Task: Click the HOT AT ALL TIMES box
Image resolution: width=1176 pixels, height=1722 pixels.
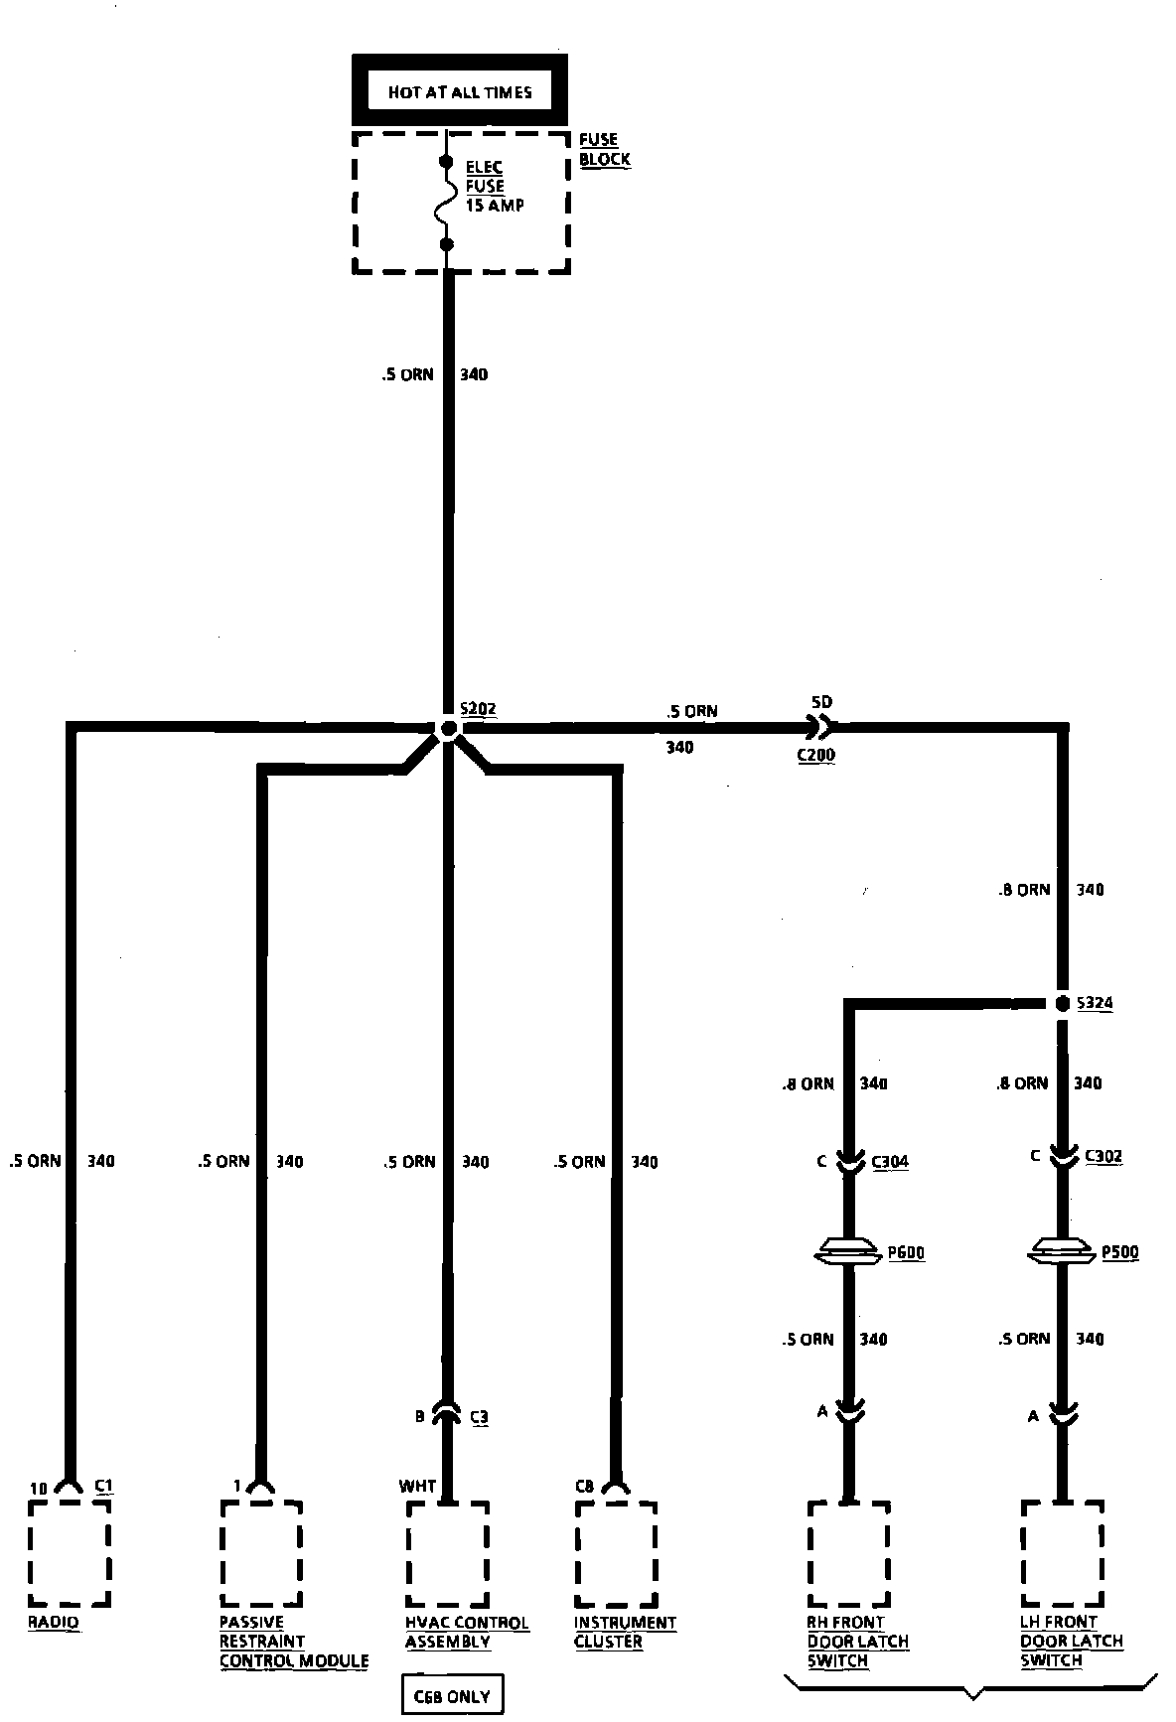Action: point(460,92)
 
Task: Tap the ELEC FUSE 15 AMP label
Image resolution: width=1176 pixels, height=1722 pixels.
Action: point(494,186)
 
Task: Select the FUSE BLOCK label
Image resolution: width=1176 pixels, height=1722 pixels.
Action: point(604,150)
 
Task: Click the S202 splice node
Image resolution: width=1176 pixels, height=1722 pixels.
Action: point(448,729)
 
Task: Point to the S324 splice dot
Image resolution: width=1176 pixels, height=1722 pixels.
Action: point(1062,1003)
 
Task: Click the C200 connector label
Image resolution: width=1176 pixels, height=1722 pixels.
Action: point(815,755)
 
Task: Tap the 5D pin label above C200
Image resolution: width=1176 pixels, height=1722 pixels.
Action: point(820,702)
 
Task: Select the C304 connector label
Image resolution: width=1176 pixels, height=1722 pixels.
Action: point(889,1161)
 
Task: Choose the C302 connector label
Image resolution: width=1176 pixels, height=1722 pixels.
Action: point(1102,1156)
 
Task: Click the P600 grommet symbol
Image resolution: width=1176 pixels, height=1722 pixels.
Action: point(847,1252)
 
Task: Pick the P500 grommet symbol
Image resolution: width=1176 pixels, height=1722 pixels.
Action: point(1062,1252)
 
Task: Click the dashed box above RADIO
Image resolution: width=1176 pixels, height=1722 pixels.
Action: point(69,1552)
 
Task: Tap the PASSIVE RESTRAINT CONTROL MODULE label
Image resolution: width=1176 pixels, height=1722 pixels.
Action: point(293,1641)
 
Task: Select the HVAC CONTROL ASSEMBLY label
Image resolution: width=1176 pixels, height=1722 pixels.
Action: point(466,1632)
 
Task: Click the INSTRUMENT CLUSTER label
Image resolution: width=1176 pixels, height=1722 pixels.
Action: point(625,1632)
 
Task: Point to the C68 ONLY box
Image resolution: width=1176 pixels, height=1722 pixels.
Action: point(452,1696)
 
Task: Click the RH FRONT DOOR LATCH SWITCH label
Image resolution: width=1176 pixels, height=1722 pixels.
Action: point(857,1641)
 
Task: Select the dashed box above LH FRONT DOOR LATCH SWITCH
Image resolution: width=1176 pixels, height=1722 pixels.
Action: point(1062,1552)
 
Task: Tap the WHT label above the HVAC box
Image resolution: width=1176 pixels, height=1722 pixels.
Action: point(417,1486)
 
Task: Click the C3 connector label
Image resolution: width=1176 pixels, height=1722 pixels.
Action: point(479,1417)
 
